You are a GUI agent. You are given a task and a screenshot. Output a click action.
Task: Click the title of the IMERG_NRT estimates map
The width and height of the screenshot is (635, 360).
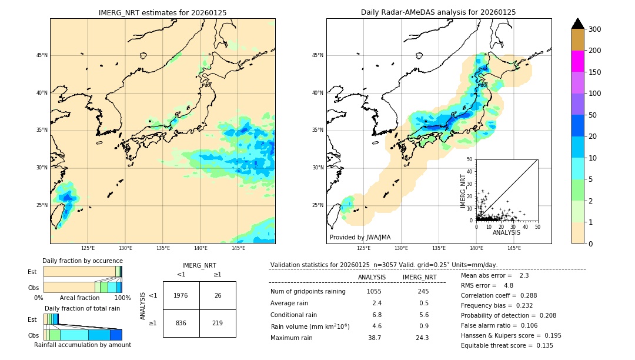[x=162, y=12]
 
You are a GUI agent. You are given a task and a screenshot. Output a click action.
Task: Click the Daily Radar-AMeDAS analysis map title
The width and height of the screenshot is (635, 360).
[x=438, y=12]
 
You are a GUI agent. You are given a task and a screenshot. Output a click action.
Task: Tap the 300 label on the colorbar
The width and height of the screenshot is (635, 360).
[x=595, y=29]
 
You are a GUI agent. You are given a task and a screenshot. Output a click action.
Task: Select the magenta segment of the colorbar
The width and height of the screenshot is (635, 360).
[x=578, y=61]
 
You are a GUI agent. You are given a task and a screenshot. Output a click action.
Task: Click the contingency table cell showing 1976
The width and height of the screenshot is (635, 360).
[x=181, y=295]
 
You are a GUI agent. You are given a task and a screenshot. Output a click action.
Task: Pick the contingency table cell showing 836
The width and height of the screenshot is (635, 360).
[x=181, y=323]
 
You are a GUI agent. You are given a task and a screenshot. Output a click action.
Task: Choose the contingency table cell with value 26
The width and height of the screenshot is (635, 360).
[x=218, y=295]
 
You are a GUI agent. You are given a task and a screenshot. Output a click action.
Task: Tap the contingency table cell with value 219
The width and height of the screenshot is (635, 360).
[x=218, y=323]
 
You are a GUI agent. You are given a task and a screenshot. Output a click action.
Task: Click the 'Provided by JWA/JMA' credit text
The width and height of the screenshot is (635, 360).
[x=360, y=238]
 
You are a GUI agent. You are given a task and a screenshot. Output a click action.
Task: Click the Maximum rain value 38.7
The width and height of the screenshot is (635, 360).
[x=375, y=338]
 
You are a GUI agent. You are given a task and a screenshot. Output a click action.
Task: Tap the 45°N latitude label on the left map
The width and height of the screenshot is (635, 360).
[x=42, y=55]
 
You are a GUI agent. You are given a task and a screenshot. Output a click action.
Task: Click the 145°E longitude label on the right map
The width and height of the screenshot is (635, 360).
[x=514, y=249]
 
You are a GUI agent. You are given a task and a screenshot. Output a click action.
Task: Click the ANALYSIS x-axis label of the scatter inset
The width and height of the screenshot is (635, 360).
[x=506, y=232]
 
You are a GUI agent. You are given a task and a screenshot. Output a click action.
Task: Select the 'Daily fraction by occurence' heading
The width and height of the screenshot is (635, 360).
[x=82, y=261]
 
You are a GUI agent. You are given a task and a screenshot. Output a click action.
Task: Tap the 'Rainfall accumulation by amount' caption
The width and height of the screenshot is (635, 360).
[x=82, y=345]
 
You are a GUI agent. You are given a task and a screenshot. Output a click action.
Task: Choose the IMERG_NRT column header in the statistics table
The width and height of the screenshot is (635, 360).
[x=419, y=277]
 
